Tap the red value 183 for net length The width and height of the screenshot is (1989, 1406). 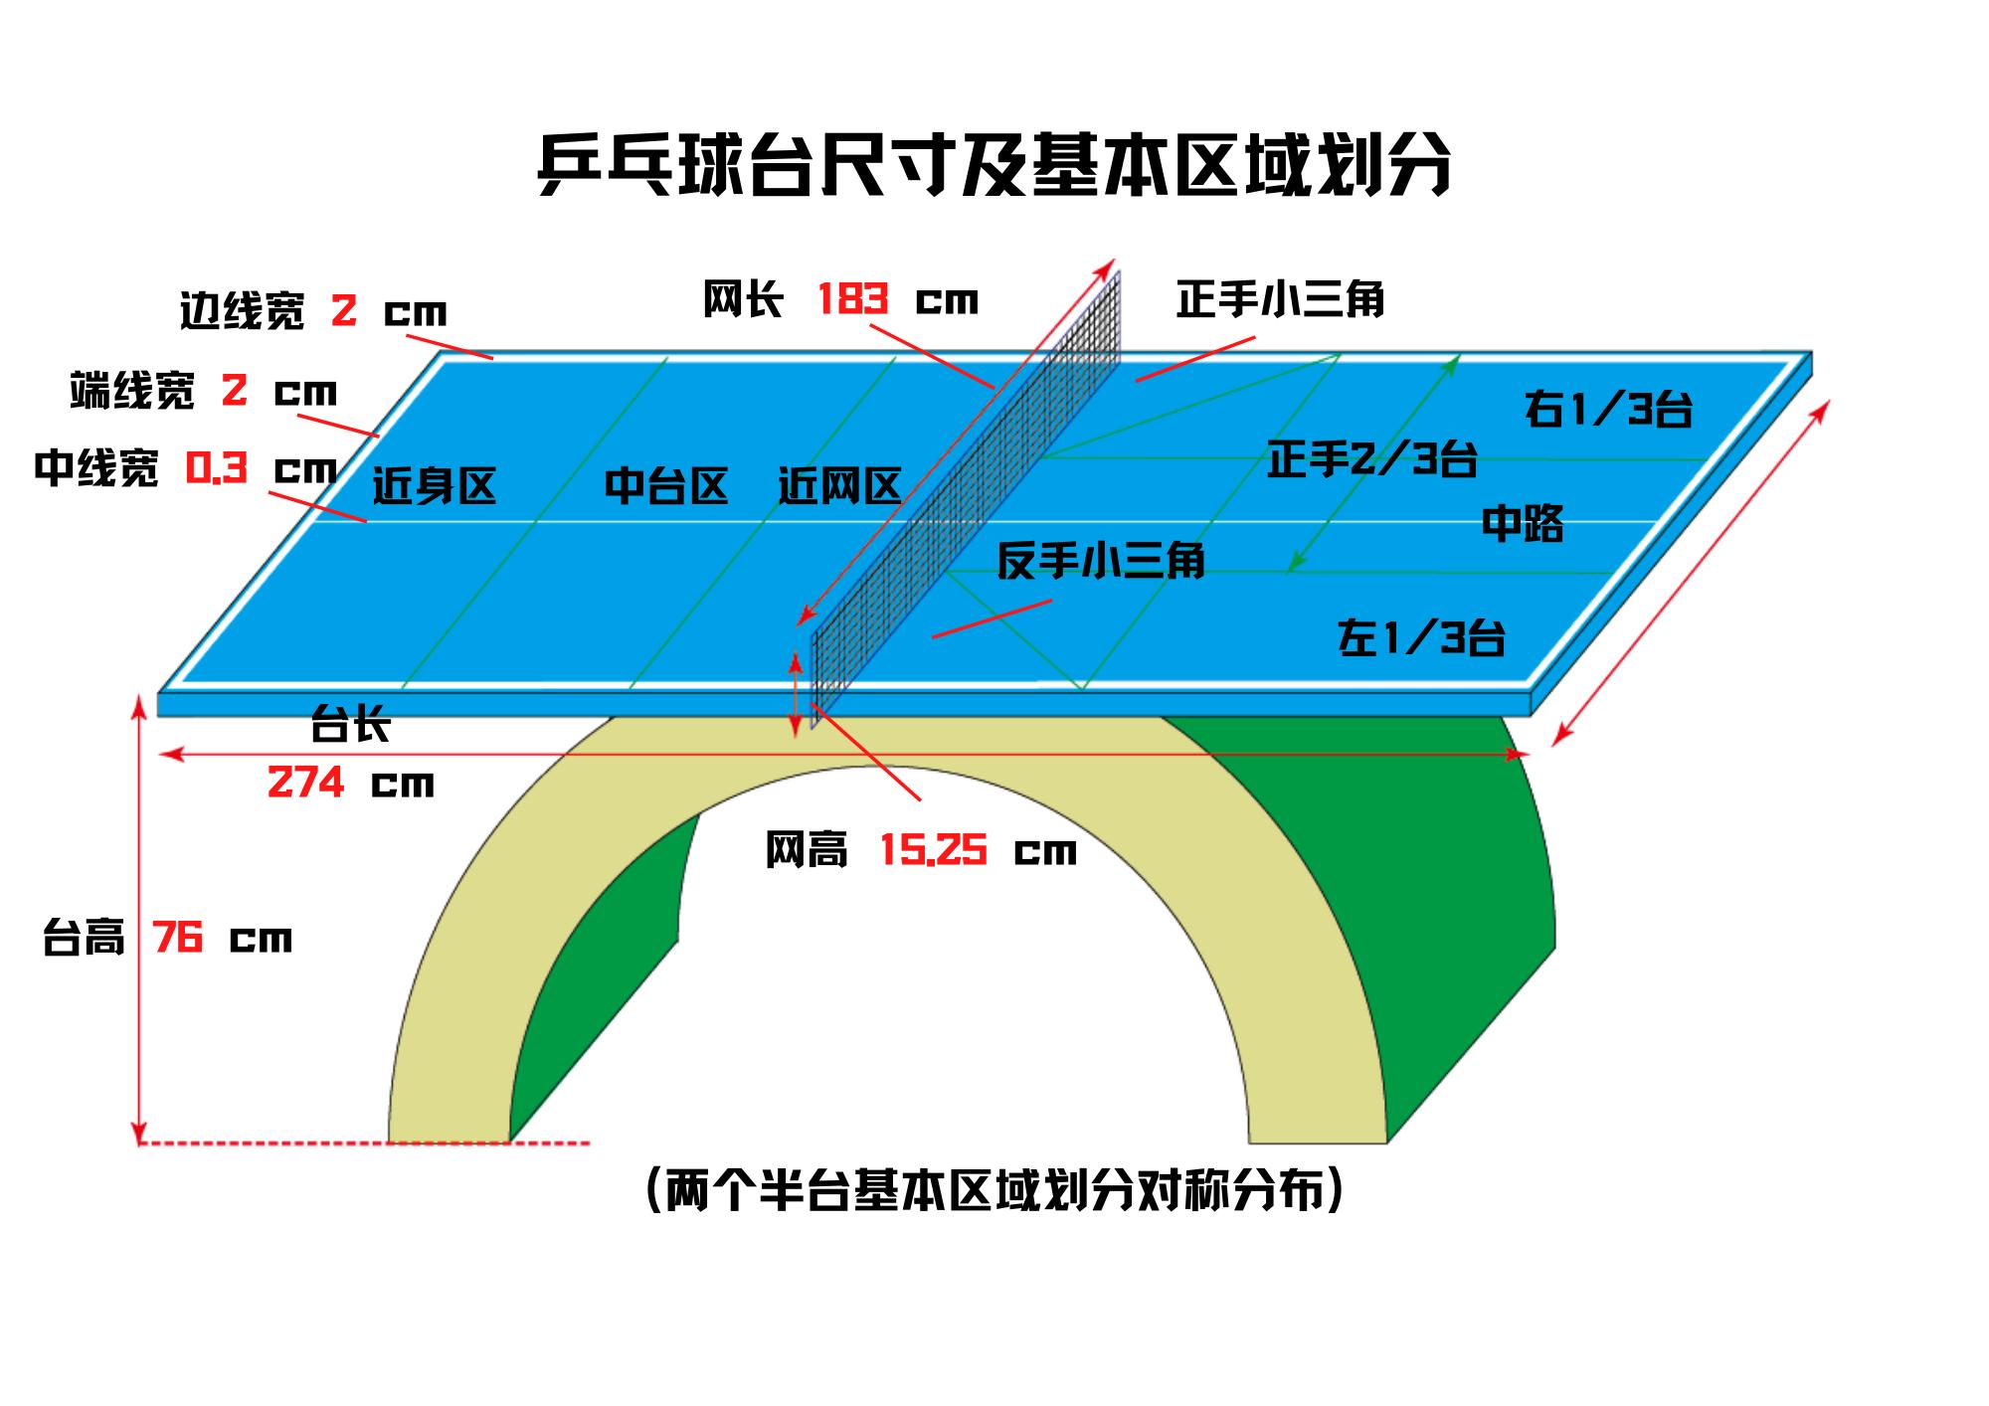point(852,299)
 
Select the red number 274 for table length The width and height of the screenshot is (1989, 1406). point(305,784)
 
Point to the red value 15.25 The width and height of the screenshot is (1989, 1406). point(933,851)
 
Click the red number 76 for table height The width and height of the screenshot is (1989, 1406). point(178,938)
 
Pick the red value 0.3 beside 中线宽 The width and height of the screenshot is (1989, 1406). point(216,467)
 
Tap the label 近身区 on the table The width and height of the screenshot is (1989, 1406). point(434,487)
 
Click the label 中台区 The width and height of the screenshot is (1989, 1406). point(666,486)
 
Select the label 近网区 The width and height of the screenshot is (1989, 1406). point(839,486)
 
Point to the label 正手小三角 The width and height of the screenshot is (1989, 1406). point(1280,299)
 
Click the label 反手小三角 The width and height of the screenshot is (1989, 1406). point(1101,561)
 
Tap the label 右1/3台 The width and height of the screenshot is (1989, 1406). point(1608,410)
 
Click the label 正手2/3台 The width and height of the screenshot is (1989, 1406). point(1371,460)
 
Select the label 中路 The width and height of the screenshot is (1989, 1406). point(1523,524)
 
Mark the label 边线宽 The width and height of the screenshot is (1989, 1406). point(243,311)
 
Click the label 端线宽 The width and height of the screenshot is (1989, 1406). point(132,391)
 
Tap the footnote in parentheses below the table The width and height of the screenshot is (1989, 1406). point(994,1190)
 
